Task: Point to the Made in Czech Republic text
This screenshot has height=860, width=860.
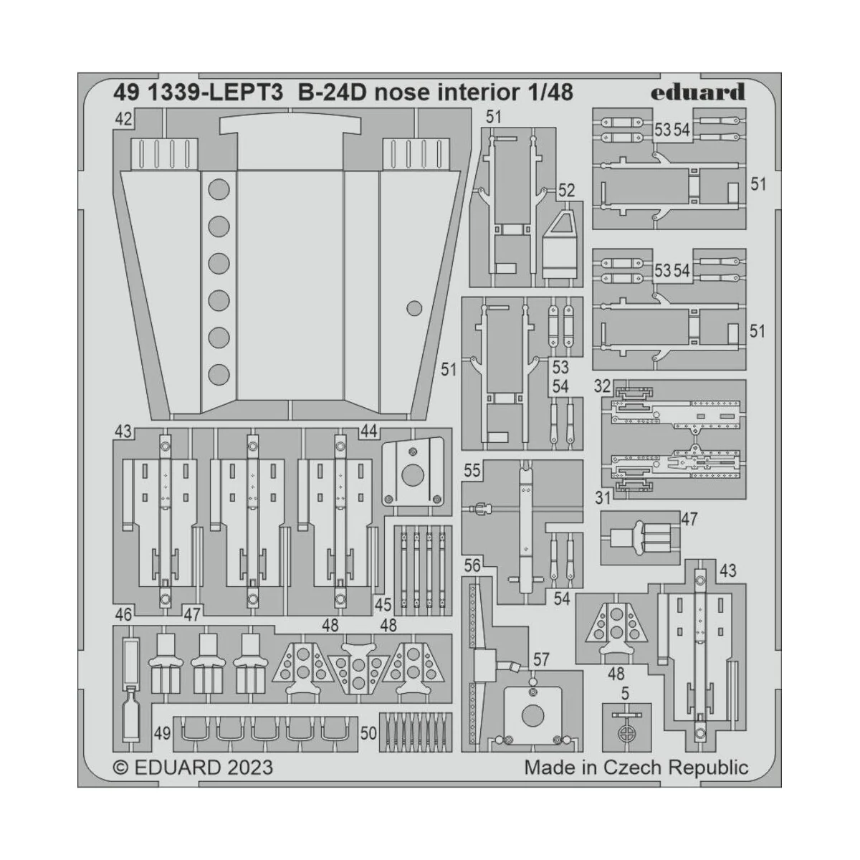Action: [636, 767]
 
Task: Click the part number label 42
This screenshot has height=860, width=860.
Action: [123, 120]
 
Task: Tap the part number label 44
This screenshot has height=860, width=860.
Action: [369, 431]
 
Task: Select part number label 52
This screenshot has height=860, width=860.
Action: [566, 190]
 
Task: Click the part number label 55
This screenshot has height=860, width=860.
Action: [472, 470]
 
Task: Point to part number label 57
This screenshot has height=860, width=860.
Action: [541, 659]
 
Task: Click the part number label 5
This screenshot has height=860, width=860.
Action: [625, 694]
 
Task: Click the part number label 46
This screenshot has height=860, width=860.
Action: [123, 614]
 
